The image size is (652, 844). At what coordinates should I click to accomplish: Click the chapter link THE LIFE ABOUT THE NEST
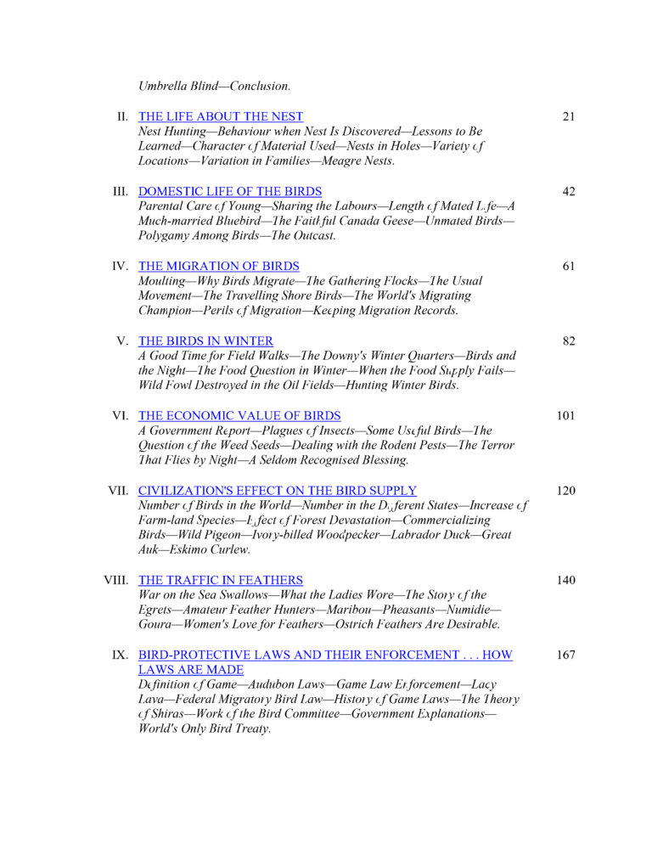pos(221,116)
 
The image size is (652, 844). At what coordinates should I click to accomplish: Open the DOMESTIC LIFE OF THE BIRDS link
pos(230,191)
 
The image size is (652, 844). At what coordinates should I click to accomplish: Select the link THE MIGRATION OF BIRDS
pos(219,266)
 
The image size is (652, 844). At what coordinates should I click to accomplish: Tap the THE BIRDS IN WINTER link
pos(206,340)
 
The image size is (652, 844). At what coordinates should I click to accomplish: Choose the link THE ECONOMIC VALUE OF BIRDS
pos(239,415)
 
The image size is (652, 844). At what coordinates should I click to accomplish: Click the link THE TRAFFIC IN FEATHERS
pos(221,580)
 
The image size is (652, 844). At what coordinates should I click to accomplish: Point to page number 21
pos(569,116)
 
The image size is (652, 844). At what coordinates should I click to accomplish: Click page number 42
pos(569,191)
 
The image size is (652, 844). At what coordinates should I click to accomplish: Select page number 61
pos(569,266)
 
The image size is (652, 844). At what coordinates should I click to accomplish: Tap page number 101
pos(565,415)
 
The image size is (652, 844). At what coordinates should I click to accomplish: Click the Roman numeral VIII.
pos(115,580)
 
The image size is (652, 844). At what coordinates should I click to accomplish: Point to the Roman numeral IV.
pos(121,266)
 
